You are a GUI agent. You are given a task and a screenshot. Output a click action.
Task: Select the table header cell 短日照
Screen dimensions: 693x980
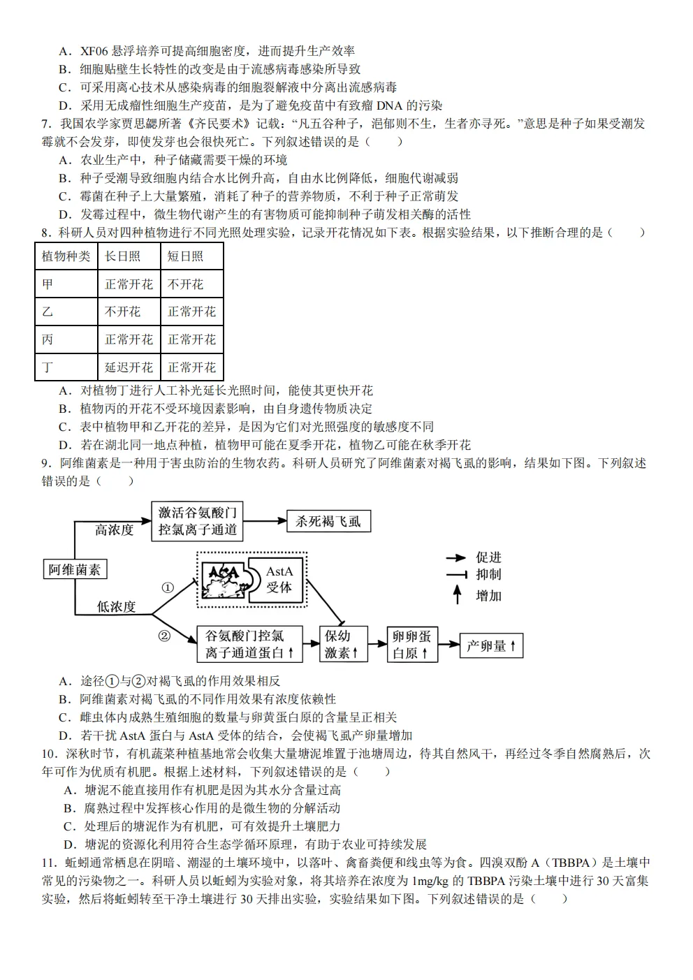click(x=185, y=256)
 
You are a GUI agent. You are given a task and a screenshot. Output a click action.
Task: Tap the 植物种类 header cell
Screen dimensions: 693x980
click(x=66, y=256)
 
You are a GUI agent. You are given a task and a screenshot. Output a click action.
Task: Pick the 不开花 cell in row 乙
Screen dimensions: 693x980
click(x=122, y=312)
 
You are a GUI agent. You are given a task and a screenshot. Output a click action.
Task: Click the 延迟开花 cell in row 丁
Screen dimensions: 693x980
click(x=129, y=367)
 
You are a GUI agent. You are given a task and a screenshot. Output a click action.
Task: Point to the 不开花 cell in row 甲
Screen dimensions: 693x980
click(x=185, y=284)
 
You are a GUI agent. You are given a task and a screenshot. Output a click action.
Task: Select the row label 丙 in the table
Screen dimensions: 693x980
click(x=48, y=339)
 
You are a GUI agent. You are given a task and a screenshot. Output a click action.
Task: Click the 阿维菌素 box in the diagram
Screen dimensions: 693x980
click(x=74, y=569)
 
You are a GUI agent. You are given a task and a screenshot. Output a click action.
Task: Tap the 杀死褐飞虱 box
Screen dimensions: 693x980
click(x=328, y=521)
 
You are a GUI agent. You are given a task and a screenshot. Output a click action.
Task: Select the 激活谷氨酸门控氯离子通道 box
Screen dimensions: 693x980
click(x=197, y=521)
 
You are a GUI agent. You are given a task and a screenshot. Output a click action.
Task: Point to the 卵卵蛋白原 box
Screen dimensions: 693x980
click(x=411, y=644)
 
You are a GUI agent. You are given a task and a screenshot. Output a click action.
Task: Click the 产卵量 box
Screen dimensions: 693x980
click(x=490, y=645)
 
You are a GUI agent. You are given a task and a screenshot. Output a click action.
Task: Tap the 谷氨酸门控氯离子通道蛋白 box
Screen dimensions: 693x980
click(x=249, y=644)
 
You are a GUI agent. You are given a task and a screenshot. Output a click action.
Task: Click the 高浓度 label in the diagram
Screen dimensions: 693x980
click(x=114, y=530)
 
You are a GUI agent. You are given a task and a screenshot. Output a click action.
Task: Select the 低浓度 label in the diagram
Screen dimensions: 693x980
click(x=116, y=606)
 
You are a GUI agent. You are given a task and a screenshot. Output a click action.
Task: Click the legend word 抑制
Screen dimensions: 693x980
click(x=488, y=575)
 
